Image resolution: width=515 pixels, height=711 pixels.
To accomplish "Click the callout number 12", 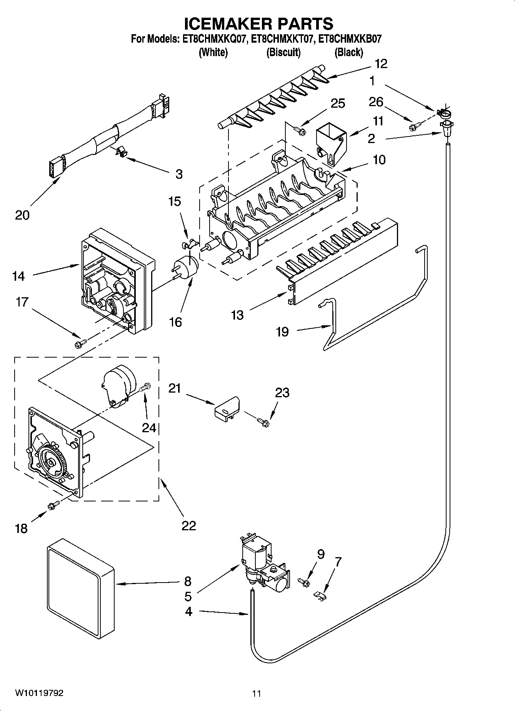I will point(381,64).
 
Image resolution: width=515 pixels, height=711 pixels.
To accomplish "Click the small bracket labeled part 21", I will point(227,408).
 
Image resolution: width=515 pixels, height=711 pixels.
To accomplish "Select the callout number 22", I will point(188,525).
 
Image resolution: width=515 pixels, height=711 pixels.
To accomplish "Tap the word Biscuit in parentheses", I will point(283,52).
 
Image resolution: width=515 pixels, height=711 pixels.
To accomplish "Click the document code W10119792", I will point(39,693).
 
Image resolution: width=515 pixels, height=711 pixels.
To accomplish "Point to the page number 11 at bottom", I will point(257,694).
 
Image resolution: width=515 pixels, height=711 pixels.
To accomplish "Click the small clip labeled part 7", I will point(320,596).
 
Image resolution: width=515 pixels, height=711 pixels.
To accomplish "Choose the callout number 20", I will point(22,215).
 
